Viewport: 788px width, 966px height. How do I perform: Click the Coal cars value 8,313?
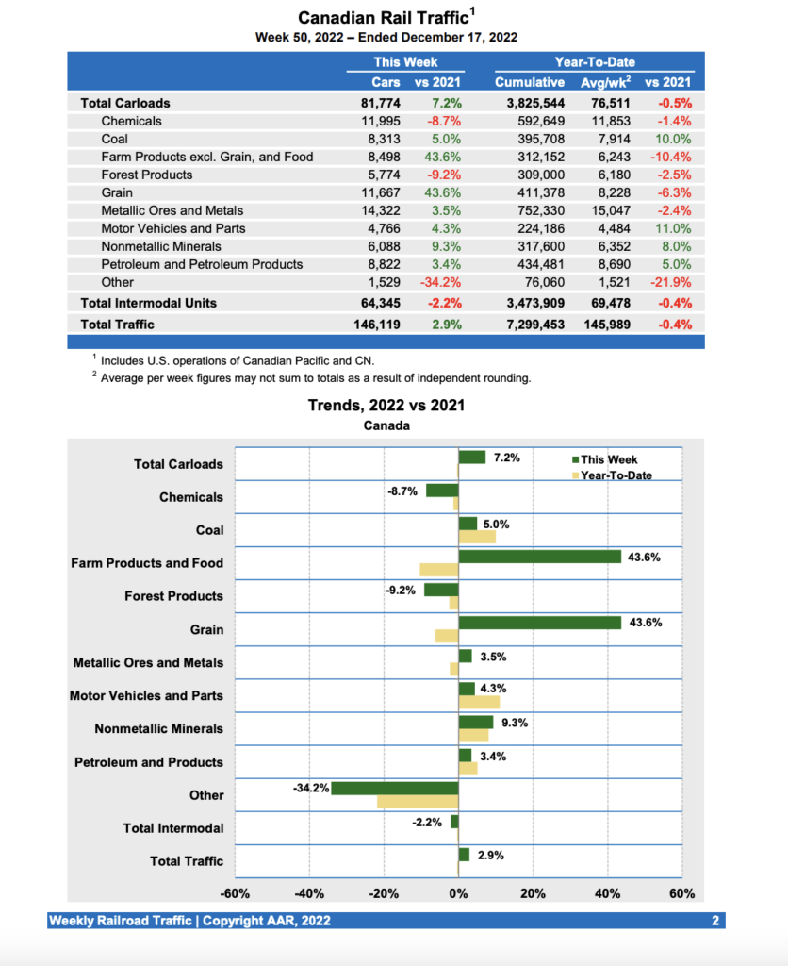tap(383, 139)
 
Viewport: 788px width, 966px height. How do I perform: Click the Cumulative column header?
tap(530, 82)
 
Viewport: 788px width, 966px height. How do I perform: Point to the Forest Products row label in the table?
tap(146, 175)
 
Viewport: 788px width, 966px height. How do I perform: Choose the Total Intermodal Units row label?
tap(149, 303)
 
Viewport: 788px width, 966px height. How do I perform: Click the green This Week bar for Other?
tap(394, 788)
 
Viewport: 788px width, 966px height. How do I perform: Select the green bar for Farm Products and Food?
tap(539, 557)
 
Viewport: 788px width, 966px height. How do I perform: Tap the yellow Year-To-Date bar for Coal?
tap(477, 537)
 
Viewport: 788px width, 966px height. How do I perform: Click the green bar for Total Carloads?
tap(471, 457)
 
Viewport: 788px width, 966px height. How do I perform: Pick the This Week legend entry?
tap(609, 459)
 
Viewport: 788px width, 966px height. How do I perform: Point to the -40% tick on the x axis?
tap(309, 893)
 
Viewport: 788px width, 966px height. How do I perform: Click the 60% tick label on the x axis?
tap(681, 893)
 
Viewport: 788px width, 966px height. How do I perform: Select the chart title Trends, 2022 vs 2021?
tap(386, 406)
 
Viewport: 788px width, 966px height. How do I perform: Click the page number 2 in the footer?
tap(715, 920)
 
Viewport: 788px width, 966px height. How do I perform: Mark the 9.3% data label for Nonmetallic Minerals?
tap(514, 723)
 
